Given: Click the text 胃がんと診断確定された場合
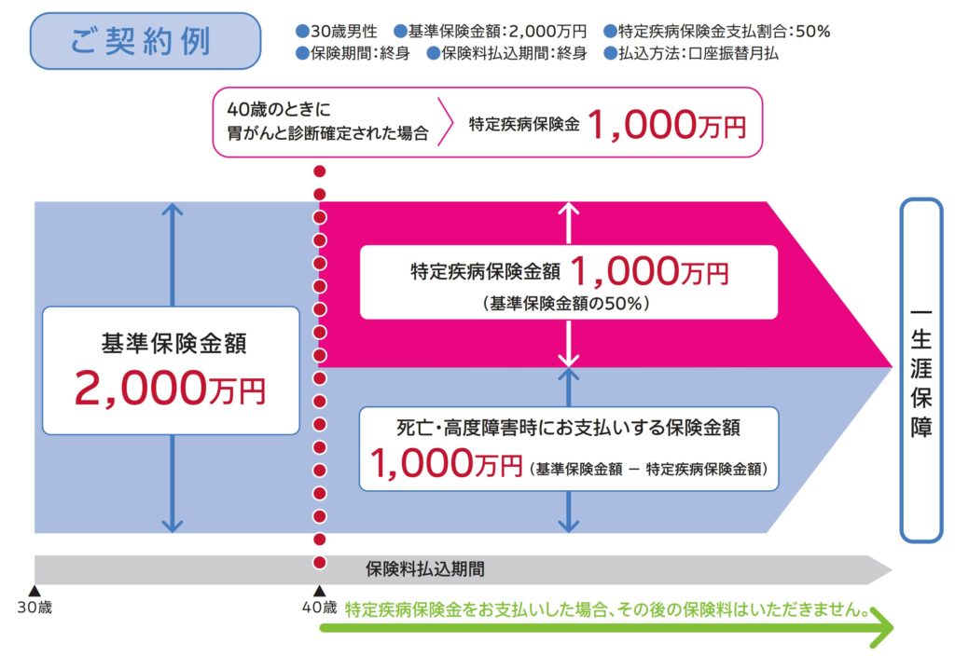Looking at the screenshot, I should (x=322, y=133).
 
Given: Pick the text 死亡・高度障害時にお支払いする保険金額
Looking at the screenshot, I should (x=568, y=428).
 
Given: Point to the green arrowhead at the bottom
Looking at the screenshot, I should (x=880, y=631).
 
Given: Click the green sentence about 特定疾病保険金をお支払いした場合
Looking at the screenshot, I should (x=607, y=611).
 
